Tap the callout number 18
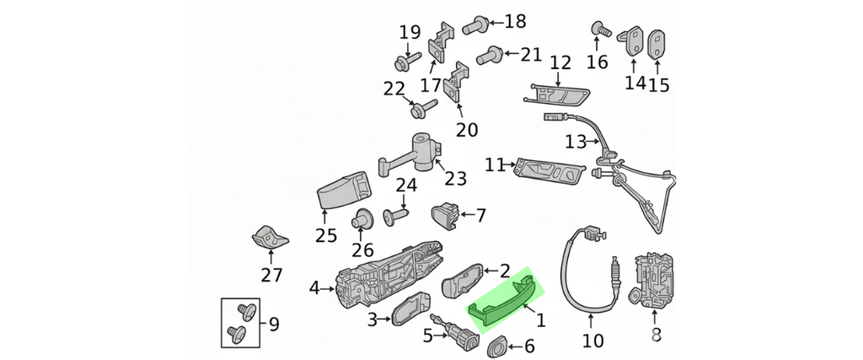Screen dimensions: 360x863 point(513,21)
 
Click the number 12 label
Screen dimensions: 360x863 point(560,62)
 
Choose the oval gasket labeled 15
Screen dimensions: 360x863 point(657,43)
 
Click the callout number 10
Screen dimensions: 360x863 point(592,341)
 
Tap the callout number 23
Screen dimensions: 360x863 point(455,178)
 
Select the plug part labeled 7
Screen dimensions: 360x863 point(446,215)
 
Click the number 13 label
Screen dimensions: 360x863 point(575,142)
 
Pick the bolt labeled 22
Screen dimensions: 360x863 point(421,108)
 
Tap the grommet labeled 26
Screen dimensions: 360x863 point(363,218)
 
